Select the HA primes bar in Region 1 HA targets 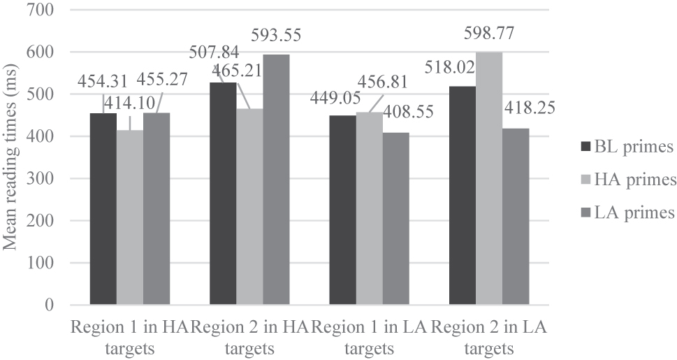[x=130, y=217]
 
